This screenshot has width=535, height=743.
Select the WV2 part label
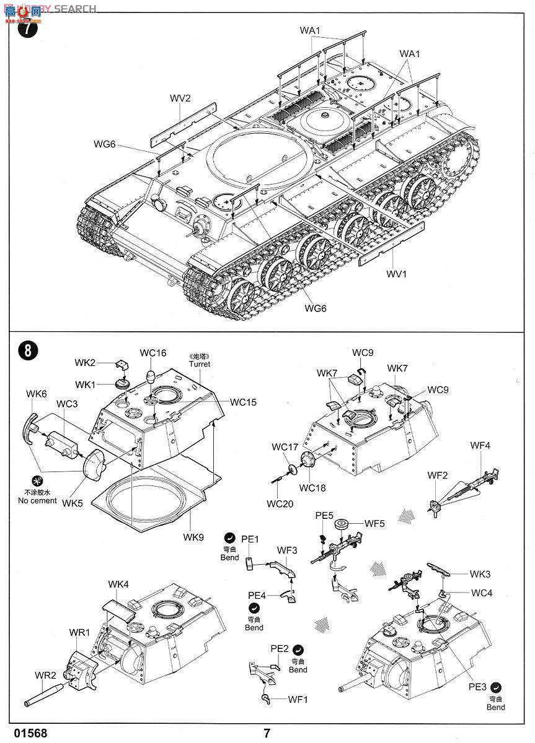pyautogui.click(x=180, y=98)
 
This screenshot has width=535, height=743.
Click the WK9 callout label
pyautogui.click(x=193, y=537)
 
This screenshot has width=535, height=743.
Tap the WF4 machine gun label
pyautogui.click(x=480, y=445)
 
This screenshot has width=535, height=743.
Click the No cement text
pyautogui.click(x=38, y=500)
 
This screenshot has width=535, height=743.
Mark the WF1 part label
pyautogui.click(x=298, y=700)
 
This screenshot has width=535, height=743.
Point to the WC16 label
pyautogui.click(x=153, y=353)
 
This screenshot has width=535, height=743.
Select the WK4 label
pyautogui.click(x=118, y=584)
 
